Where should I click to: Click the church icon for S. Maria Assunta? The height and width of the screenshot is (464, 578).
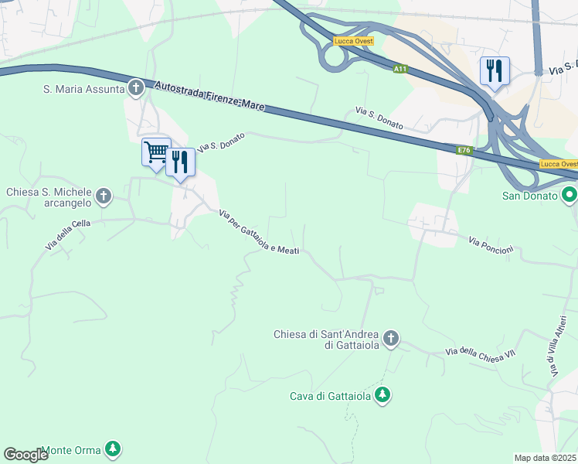click(x=136, y=88)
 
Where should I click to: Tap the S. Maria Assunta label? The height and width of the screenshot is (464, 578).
click(x=83, y=89)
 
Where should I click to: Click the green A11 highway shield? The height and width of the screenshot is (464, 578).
click(x=399, y=70)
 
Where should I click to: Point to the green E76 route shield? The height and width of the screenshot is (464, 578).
click(x=464, y=150)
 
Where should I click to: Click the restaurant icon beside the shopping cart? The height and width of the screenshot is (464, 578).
click(x=180, y=162)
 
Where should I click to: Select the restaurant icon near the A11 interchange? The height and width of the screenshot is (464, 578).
click(x=494, y=70)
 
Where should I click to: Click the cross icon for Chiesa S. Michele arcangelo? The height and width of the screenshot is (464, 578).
click(x=104, y=197)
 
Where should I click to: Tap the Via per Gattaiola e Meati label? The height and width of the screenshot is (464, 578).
click(x=259, y=230)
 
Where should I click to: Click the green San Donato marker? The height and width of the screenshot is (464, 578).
click(x=569, y=195)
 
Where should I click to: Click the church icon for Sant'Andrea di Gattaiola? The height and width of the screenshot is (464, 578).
click(x=391, y=339)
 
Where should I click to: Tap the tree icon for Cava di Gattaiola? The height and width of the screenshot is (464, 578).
click(x=382, y=396)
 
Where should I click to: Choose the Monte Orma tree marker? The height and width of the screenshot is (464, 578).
click(x=113, y=449)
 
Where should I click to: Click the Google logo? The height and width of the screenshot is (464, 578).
click(x=25, y=455)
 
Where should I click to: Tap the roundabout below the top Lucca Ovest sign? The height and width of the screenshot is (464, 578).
click(x=335, y=56)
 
